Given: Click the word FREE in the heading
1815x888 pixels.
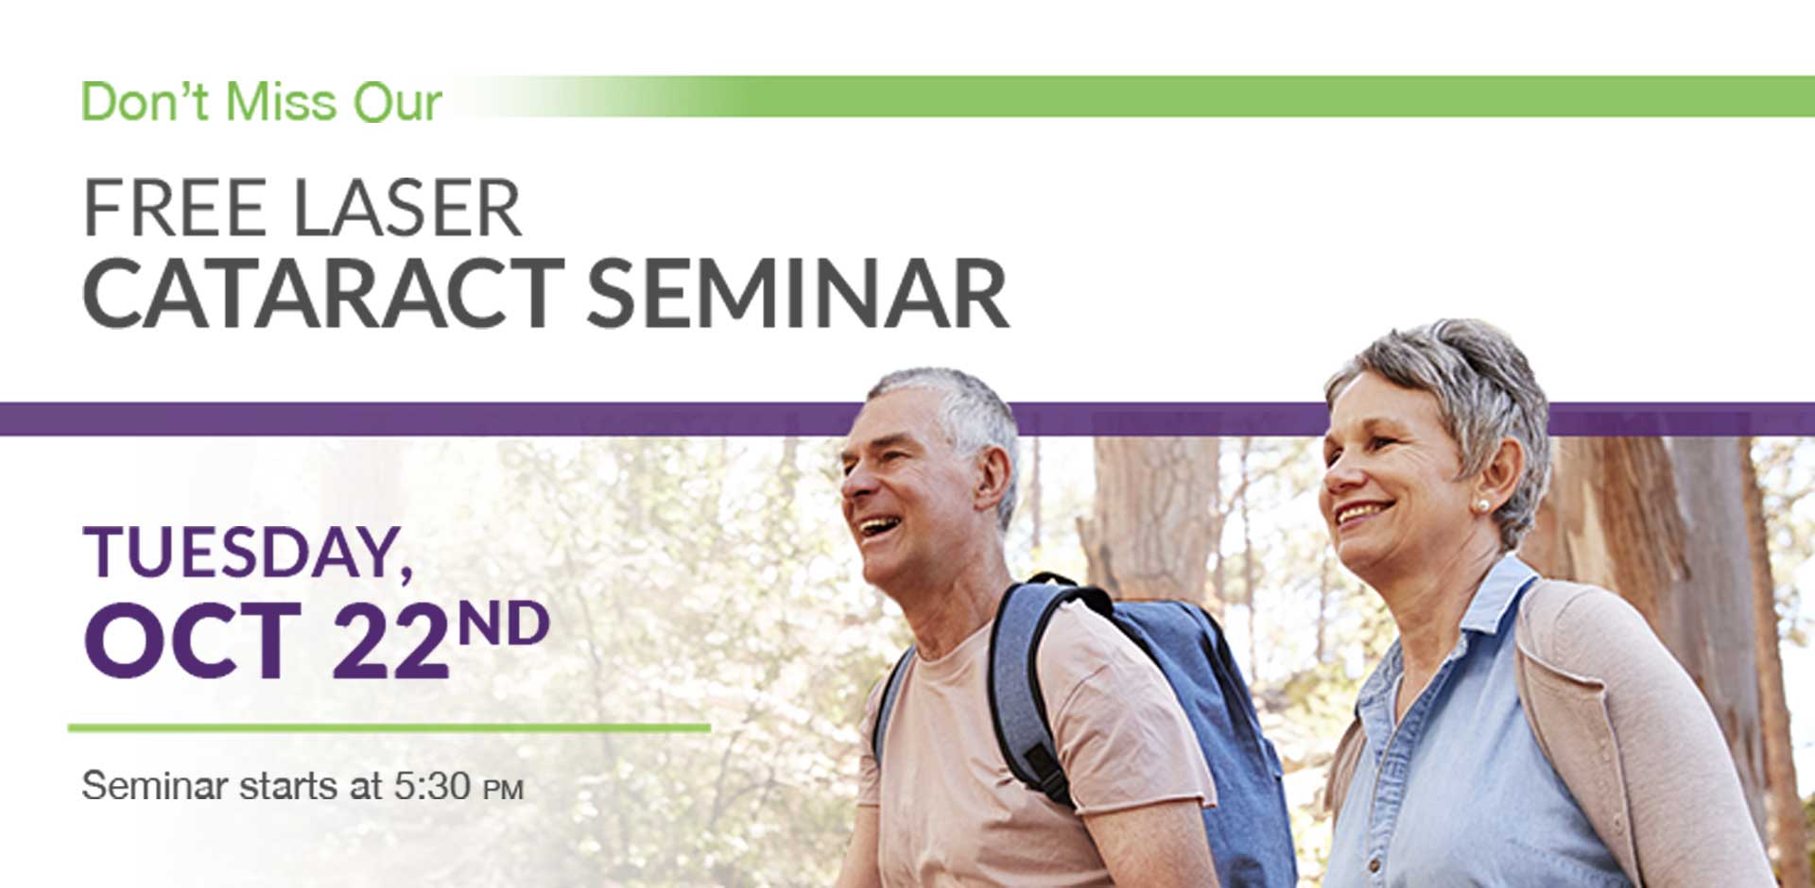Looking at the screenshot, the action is click(x=175, y=208).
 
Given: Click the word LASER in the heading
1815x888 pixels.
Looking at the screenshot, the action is click(x=406, y=208).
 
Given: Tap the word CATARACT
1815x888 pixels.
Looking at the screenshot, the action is click(x=323, y=294).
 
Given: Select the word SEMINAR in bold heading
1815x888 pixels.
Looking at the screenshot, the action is click(x=798, y=294).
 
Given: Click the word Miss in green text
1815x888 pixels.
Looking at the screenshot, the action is click(x=281, y=102).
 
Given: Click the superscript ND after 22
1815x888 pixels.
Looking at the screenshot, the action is click(x=502, y=623).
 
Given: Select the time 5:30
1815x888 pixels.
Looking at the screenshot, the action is click(x=432, y=785).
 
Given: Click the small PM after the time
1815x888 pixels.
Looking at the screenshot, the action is click(x=503, y=790).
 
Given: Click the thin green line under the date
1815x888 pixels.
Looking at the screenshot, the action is click(x=389, y=727).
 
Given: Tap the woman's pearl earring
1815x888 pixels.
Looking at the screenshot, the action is click(x=1480, y=506).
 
